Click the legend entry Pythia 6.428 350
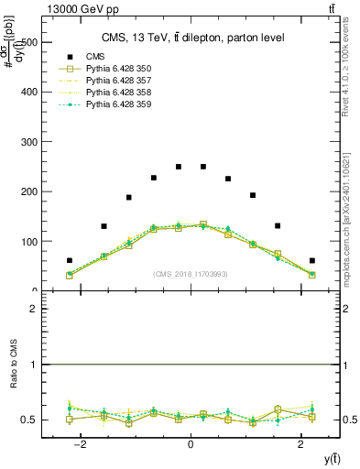[x=115, y=69]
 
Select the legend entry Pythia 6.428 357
[x=115, y=81]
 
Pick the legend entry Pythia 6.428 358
[x=115, y=93]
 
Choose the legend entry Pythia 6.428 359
[x=115, y=104]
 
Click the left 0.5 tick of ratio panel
[x=28, y=420]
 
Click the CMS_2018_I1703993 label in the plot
[x=191, y=273]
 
